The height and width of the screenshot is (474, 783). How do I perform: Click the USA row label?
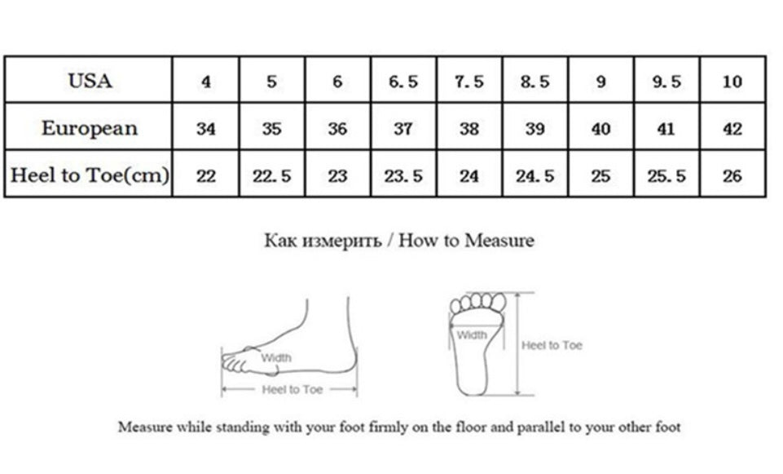90,81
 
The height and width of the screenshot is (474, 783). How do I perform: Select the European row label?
90,128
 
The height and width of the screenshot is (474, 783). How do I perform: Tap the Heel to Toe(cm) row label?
90,175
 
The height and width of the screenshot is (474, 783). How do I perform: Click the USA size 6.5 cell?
403,81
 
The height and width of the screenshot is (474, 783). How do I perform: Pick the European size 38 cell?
468,129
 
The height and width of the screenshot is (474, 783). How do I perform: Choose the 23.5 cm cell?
403,175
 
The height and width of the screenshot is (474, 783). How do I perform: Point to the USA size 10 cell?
732,81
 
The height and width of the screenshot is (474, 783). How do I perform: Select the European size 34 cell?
206,129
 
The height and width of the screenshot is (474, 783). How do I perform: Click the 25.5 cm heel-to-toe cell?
666,175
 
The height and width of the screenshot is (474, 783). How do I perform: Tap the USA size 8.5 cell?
534,81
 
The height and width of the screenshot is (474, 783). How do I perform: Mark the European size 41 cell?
666,129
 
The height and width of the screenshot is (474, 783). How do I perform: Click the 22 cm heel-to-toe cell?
206,175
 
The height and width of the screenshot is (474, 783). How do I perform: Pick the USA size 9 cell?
600,81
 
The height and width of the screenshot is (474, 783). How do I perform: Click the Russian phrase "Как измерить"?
323,241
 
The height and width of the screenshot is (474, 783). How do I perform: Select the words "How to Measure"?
466,240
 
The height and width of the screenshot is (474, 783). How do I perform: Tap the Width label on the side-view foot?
275,357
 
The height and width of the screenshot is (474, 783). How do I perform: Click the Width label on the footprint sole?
472,334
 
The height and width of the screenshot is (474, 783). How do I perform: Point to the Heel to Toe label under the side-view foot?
293,389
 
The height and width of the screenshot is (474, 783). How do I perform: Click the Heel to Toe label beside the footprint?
552,345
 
